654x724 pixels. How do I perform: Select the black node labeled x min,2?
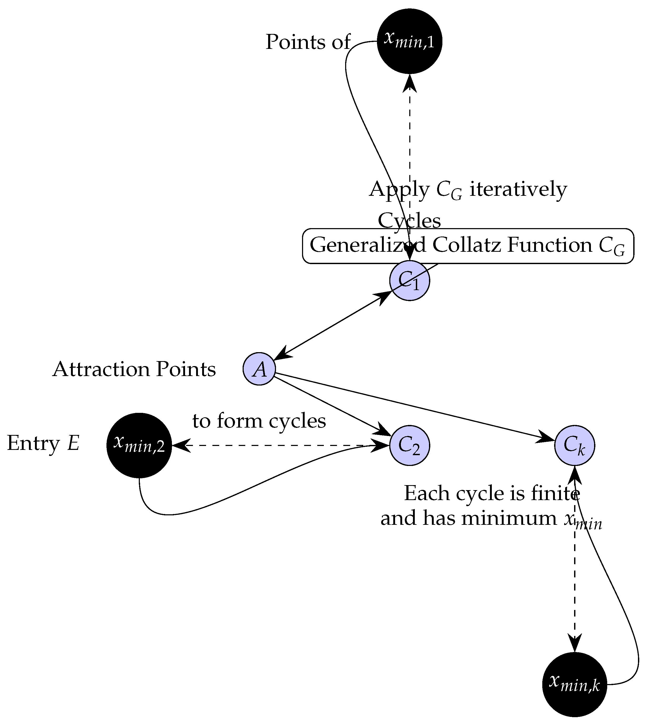[139, 445]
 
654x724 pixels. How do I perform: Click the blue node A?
[259, 369]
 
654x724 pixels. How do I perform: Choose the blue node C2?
[410, 445]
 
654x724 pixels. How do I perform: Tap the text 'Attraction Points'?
[134, 369]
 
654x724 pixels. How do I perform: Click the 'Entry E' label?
[43, 443]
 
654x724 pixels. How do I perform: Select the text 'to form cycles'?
[259, 421]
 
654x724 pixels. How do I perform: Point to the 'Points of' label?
[308, 42]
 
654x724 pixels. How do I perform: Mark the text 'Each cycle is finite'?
[491, 494]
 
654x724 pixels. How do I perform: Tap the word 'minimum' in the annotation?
[509, 518]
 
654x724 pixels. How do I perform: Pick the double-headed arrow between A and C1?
[332, 325]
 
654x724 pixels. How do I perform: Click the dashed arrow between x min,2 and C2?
[280, 445]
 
